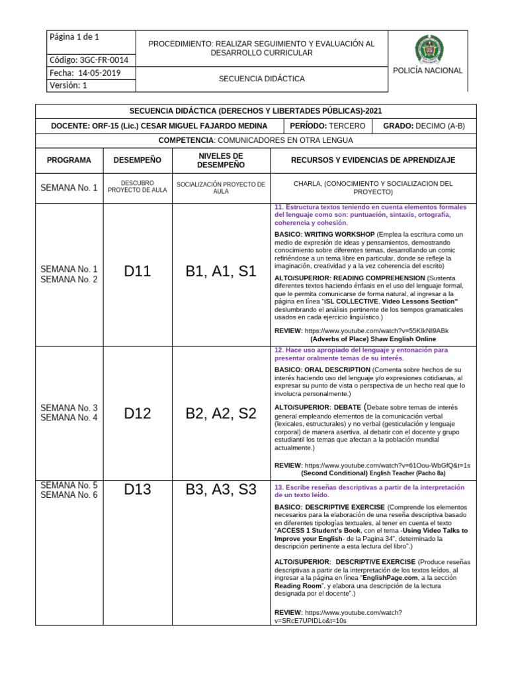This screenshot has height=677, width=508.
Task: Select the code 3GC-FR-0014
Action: (89, 60)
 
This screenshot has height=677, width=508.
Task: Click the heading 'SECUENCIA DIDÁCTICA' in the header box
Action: (261, 79)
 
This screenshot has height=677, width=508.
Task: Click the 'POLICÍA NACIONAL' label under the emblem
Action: (428, 71)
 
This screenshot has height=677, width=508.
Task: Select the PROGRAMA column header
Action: (69, 161)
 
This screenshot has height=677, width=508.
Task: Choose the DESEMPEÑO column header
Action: (138, 161)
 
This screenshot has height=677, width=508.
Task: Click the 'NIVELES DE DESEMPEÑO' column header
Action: (221, 161)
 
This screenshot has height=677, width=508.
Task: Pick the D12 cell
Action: (138, 414)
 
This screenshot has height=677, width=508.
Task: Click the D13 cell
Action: (138, 490)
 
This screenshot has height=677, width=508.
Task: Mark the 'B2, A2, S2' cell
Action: (221, 414)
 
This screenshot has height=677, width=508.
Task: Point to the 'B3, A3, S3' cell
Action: (221, 490)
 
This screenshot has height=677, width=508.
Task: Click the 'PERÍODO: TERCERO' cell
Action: (327, 126)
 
